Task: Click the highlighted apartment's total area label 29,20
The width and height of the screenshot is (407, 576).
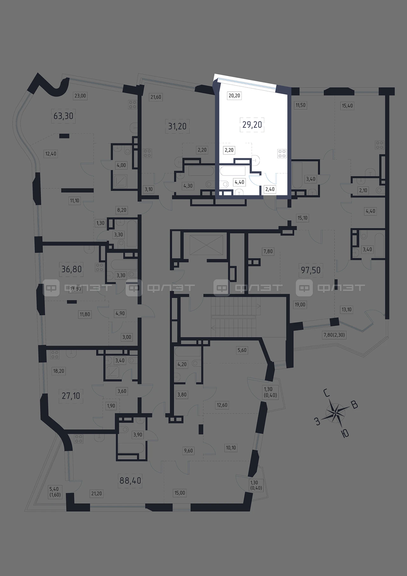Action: pos(252,125)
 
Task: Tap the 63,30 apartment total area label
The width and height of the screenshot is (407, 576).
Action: pos(63,116)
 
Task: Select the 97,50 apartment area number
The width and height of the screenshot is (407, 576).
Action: pos(311,270)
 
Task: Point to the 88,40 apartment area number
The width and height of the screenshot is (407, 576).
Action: pos(130,480)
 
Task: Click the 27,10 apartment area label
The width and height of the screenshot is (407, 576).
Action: pos(71,396)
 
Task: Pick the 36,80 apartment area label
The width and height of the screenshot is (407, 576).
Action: pos(72,269)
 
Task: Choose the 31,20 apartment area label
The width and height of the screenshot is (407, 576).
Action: pos(177,126)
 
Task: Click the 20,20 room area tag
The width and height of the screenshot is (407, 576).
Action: pos(234,95)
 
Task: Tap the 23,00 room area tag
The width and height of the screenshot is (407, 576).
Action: pos(80,95)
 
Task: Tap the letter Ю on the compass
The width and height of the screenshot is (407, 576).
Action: pos(345,433)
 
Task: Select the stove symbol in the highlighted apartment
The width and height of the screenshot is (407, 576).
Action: pos(282,154)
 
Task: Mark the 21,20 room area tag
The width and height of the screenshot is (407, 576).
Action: pos(96,493)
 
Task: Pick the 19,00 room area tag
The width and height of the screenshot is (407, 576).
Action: pos(300,305)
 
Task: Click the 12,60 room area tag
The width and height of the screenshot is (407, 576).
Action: pos(222,405)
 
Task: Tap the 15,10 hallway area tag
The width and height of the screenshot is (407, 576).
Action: pos(302,218)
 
